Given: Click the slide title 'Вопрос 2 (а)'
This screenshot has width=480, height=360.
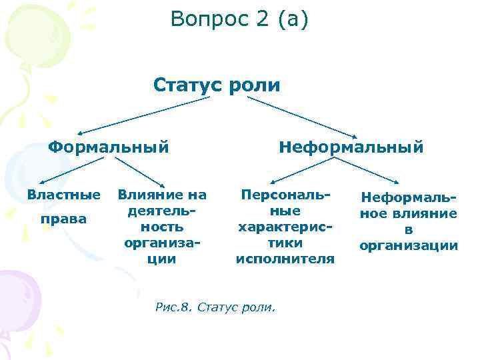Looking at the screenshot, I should [239, 19].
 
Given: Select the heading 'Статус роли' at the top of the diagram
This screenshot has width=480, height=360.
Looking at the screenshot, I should [217, 85].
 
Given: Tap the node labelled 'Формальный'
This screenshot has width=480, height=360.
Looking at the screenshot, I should [108, 145].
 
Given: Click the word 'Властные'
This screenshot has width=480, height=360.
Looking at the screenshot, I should [63, 195].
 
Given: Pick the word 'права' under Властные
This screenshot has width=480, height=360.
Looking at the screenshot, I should [63, 219].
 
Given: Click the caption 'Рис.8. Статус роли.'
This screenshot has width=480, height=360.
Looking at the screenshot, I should [215, 308].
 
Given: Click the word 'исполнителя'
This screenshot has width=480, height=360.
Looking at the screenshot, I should [285, 259].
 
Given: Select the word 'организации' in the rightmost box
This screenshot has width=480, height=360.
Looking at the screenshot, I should [409, 246].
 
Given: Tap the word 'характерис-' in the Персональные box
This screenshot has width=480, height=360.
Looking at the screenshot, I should [285, 227].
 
